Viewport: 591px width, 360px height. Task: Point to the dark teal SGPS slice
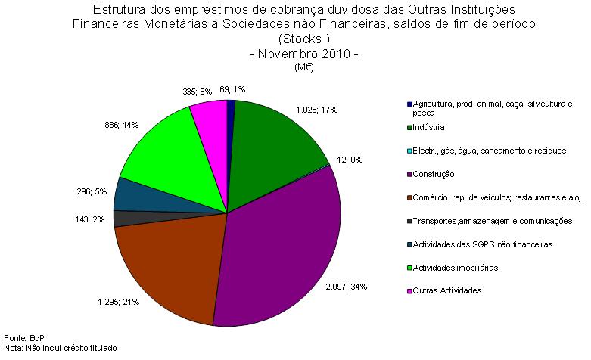(132, 194)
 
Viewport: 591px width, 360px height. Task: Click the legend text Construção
(434, 174)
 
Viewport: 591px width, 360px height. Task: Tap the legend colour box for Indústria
(409, 127)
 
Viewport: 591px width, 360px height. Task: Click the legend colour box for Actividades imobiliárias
(409, 267)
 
